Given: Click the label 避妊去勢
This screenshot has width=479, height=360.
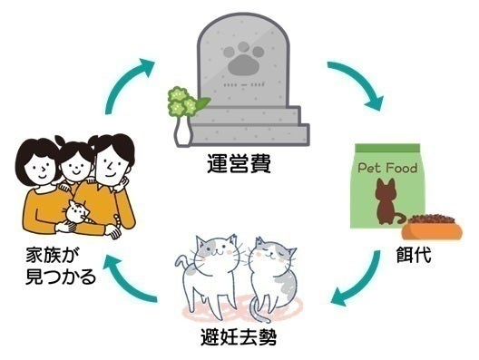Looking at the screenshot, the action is [x=239, y=341].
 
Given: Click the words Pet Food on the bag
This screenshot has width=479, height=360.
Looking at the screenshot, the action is [x=387, y=167].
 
